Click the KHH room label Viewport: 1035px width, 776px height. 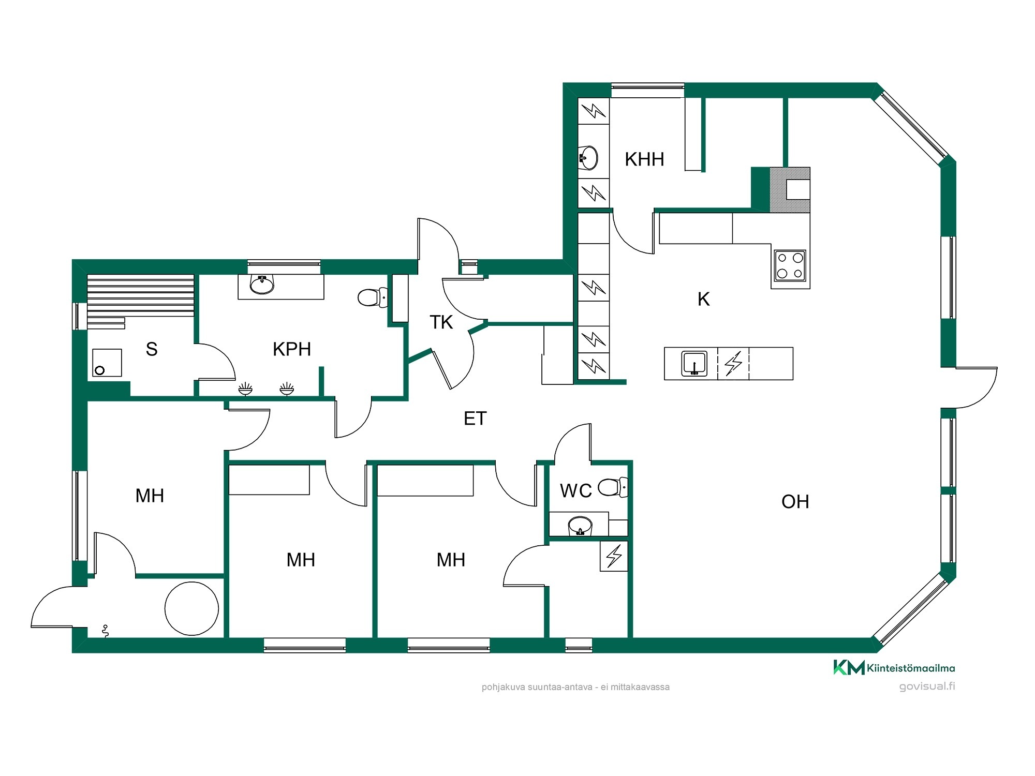pyautogui.click(x=644, y=159)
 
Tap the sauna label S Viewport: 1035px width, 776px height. pyautogui.click(x=152, y=349)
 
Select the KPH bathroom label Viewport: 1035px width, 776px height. pyautogui.click(x=292, y=349)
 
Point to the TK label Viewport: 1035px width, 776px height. pyautogui.click(x=441, y=322)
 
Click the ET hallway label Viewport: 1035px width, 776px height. pyautogui.click(x=475, y=419)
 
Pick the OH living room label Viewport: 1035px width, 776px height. pyautogui.click(x=795, y=502)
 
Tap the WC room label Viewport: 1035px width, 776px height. pyautogui.click(x=576, y=490)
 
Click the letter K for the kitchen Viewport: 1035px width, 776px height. pyautogui.click(x=703, y=299)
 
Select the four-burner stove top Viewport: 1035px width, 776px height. pyautogui.click(x=790, y=265)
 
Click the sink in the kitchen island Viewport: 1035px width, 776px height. pyautogui.click(x=694, y=363)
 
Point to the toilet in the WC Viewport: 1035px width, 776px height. pyautogui.click(x=613, y=487)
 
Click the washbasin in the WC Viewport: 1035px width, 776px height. pyautogui.click(x=580, y=525)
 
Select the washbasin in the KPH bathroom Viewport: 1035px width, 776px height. pyautogui.click(x=262, y=284)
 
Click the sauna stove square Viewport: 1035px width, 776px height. pyautogui.click(x=107, y=363)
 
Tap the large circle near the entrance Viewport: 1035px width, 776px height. pyautogui.click(x=192, y=608)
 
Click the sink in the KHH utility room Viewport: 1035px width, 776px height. pyautogui.click(x=588, y=158)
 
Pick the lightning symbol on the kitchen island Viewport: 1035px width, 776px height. pyautogui.click(x=733, y=363)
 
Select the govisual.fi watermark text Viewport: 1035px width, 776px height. pyautogui.click(x=927, y=687)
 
